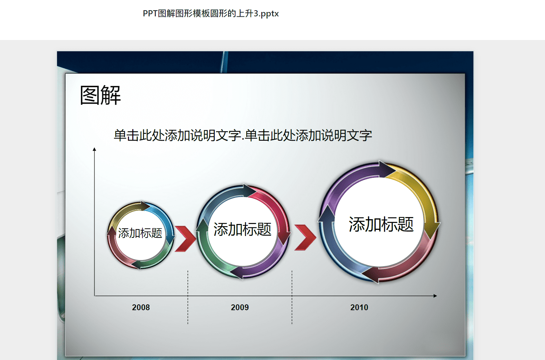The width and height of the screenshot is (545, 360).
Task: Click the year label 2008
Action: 141,307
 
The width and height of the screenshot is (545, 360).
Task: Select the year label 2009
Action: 240,307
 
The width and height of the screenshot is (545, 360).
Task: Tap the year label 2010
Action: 359,307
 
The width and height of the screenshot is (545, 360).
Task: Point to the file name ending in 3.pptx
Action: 211,13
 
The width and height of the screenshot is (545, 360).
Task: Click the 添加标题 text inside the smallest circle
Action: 140,233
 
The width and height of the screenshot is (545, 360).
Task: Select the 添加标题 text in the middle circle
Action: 242,229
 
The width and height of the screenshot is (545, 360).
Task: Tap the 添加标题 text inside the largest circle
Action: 381,224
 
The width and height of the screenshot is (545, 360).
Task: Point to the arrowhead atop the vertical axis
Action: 94,149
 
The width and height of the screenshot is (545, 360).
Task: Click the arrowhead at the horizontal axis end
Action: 435,296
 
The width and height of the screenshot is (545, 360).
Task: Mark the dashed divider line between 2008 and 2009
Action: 188,297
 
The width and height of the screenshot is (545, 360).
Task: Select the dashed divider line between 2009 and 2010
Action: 292,297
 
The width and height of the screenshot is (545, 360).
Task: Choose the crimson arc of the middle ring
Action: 277,209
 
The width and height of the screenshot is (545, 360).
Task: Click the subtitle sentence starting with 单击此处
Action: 243,135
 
